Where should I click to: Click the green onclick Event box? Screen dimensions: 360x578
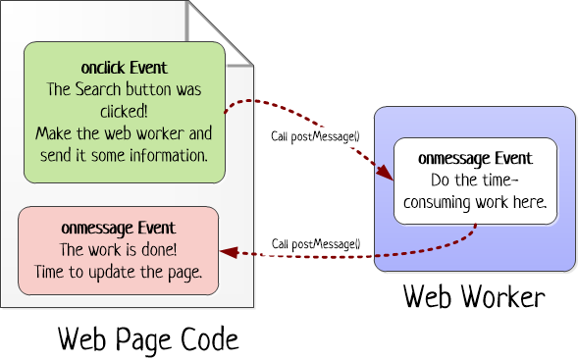coord(124,110)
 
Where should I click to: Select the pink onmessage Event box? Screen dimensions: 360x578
coord(119,250)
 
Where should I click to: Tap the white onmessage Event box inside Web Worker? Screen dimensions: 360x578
coord(475,180)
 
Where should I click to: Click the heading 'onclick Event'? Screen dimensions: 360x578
coord(125,68)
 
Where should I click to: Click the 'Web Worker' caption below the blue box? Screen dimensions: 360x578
coord(474,296)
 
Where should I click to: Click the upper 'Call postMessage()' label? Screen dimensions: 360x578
coord(316,134)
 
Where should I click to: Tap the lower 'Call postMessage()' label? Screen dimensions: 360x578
coord(316,243)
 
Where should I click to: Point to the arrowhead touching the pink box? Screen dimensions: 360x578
coord(229,252)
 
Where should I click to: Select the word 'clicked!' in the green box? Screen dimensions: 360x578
coord(124,109)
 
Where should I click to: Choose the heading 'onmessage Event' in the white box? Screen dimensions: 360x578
coord(475,158)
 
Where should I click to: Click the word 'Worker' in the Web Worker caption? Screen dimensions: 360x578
coord(504,296)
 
